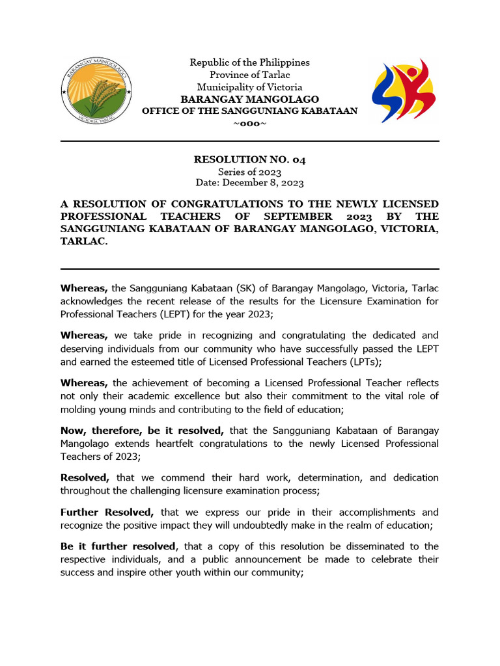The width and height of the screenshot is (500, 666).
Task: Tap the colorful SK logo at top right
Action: (x=404, y=90)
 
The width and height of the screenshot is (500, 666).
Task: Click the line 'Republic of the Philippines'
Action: (x=249, y=62)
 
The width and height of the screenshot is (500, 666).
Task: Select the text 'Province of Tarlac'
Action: (x=249, y=75)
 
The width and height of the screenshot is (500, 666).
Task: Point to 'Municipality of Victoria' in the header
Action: (x=249, y=87)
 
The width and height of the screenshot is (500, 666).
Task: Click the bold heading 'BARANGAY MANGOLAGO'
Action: (x=249, y=100)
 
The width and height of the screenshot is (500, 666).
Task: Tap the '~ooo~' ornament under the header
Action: (x=249, y=124)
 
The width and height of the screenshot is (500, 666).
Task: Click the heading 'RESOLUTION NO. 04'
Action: (x=249, y=159)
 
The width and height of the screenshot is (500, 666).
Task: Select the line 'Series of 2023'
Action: (x=249, y=172)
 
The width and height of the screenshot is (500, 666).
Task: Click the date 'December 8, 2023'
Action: (x=264, y=183)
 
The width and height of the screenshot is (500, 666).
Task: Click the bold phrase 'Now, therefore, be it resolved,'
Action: (x=143, y=431)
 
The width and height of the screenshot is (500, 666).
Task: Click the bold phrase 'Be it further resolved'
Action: (x=118, y=546)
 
